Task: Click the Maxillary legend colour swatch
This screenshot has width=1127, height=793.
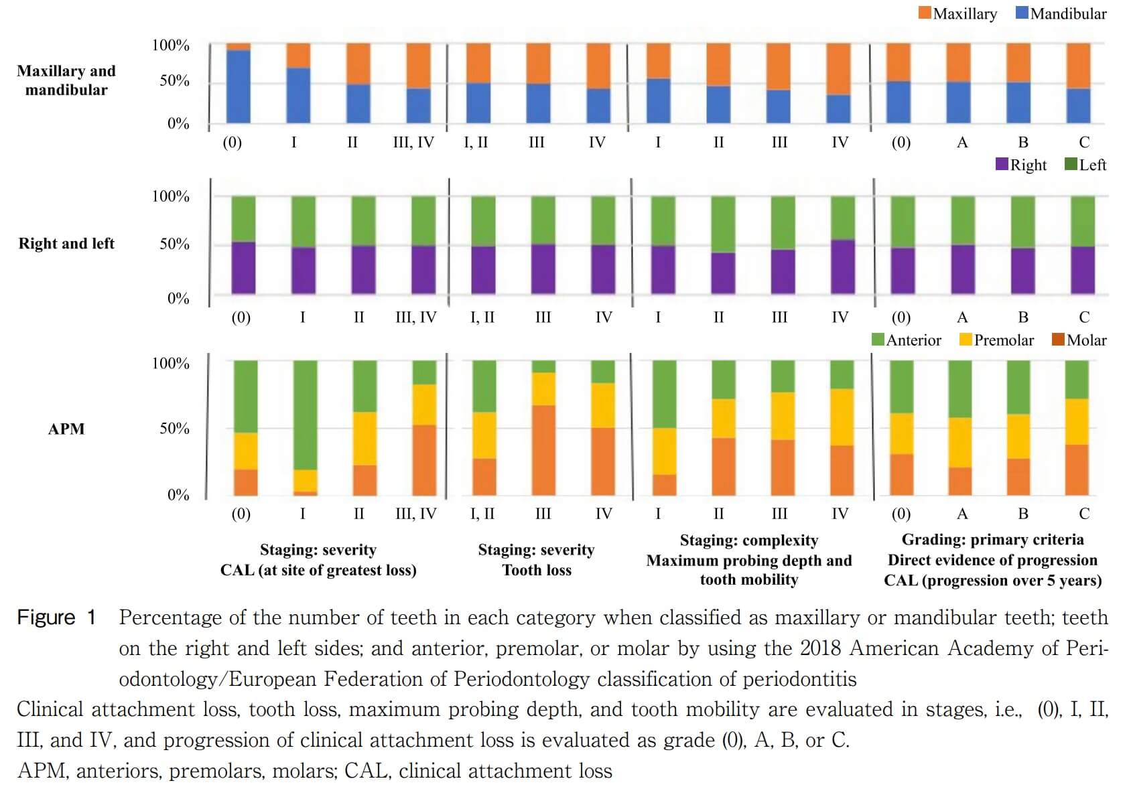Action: coord(925,13)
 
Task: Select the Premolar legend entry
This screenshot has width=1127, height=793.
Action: coord(996,340)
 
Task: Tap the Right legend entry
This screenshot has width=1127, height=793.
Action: coord(1021,165)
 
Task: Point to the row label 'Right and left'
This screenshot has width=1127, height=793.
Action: coord(66,244)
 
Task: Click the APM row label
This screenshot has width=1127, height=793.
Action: coord(66,429)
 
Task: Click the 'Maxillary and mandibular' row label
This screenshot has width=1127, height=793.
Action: coord(66,80)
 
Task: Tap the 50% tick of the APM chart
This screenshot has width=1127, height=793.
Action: coord(174,429)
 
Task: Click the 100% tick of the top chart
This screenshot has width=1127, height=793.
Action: coord(171,46)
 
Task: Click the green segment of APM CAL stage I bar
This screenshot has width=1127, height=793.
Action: coord(306,415)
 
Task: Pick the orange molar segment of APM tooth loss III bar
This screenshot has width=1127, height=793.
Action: coord(543,450)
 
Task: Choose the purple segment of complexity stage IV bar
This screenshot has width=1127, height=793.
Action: coord(842,267)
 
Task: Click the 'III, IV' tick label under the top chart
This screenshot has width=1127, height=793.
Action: coord(413,143)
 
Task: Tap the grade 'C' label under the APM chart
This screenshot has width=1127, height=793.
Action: coord(1084,514)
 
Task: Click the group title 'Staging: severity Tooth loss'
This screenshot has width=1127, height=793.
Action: coord(537,560)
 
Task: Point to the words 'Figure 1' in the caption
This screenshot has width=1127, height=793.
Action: coord(57,618)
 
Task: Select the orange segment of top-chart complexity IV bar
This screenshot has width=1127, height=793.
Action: coord(838,69)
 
